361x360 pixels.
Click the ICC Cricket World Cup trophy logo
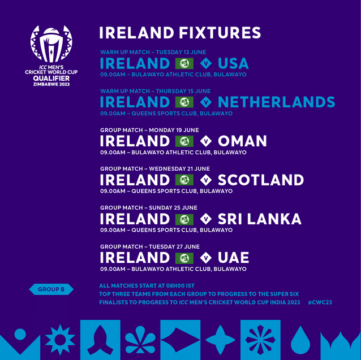point(51,45)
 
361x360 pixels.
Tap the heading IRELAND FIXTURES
point(180,32)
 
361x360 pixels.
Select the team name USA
point(233,63)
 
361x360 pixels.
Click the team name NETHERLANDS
point(276,102)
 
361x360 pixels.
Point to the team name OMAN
point(242,141)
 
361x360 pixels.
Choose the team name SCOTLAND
point(260,180)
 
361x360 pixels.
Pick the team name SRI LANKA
point(259,219)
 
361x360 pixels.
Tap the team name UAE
point(233,258)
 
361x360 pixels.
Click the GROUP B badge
point(51,289)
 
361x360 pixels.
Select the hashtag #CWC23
point(320,303)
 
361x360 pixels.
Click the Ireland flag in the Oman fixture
point(184,141)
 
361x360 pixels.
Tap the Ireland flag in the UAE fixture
point(184,258)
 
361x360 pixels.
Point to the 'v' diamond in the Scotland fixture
point(206,180)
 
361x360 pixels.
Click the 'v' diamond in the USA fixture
point(206,63)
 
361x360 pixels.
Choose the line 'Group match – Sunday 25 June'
point(149,208)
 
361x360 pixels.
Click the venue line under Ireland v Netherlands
point(166,113)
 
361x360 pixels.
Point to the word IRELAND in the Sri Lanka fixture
point(135,219)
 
